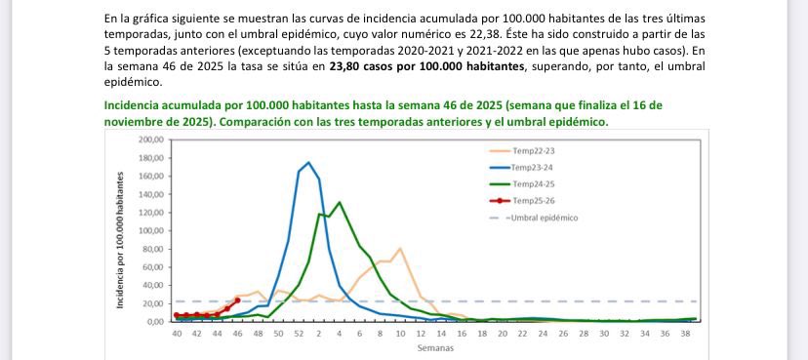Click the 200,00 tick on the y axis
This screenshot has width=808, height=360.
click(x=150, y=141)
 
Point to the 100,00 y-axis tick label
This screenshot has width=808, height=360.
click(x=150, y=231)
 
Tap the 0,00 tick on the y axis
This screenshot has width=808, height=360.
click(x=154, y=321)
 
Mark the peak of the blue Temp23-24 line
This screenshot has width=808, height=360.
click(x=308, y=163)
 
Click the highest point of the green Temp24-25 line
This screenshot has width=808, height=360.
click(x=339, y=203)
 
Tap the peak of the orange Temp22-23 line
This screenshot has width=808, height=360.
click(x=400, y=249)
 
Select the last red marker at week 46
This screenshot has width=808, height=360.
click(x=238, y=300)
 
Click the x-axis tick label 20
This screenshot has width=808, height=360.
click(x=502, y=334)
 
